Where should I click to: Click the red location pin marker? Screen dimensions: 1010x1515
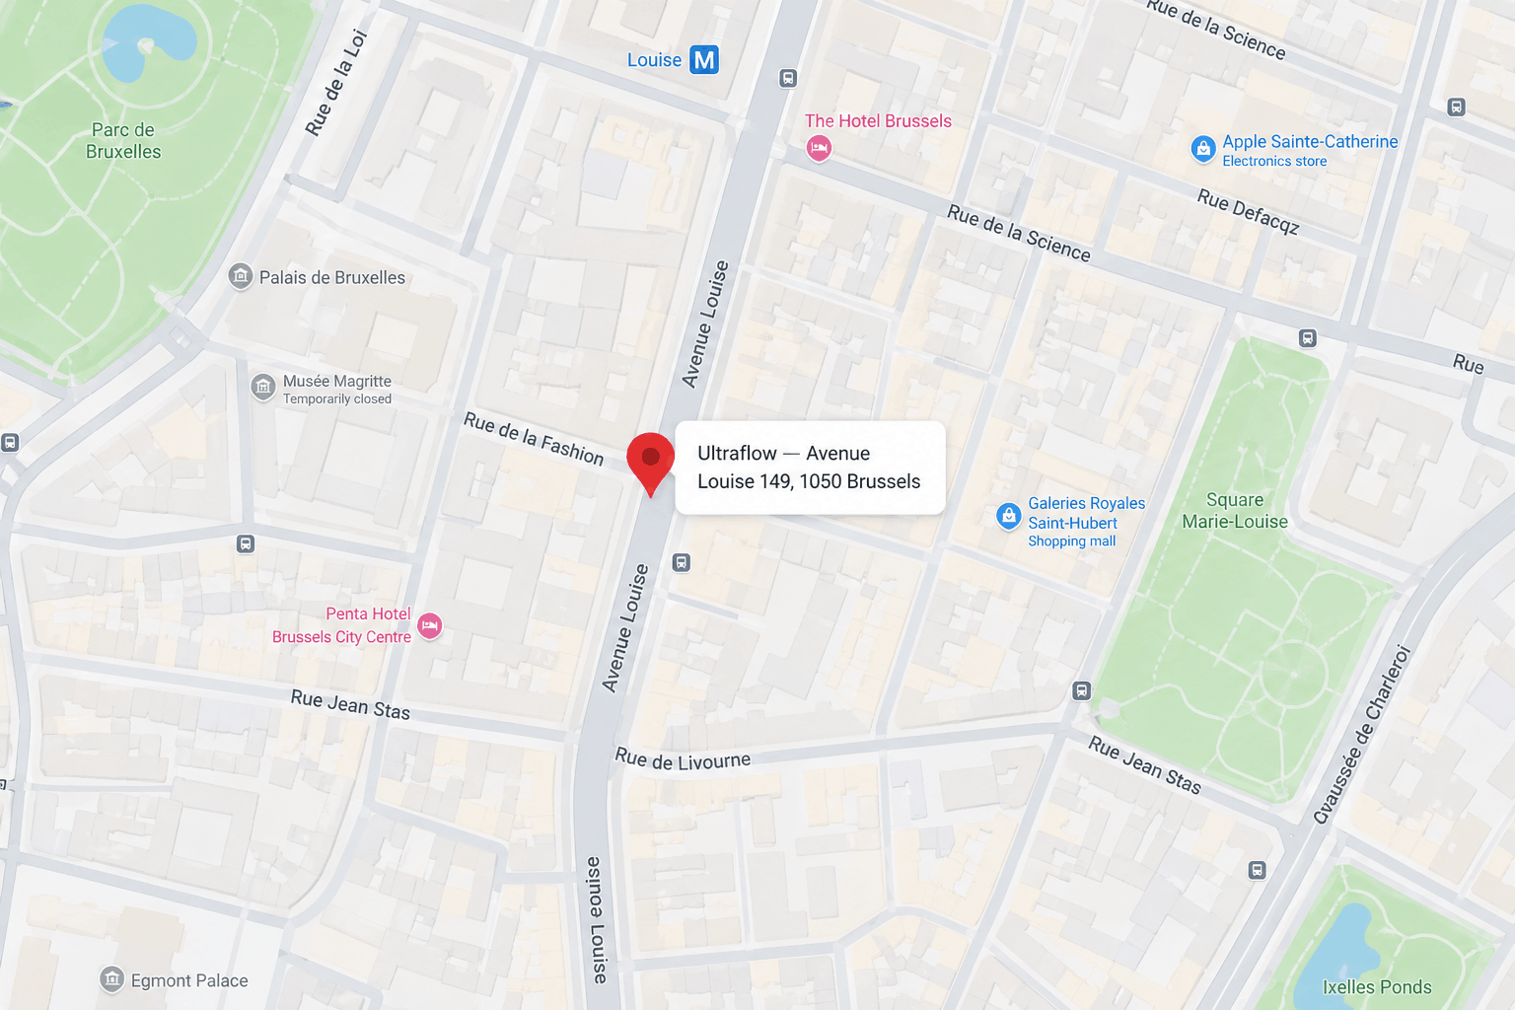tap(650, 460)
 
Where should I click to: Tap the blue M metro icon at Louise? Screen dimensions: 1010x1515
tap(703, 60)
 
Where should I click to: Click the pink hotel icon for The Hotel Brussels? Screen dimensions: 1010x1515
tap(818, 148)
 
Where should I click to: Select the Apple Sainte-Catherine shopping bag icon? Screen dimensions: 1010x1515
tap(1202, 149)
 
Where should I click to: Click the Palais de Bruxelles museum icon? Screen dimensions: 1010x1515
tap(241, 276)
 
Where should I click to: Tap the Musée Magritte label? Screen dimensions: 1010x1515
tap(336, 381)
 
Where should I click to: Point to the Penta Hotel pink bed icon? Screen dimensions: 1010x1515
tap(429, 625)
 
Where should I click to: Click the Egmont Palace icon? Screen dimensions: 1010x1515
tap(112, 979)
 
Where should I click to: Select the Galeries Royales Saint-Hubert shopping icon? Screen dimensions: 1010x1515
tap(1008, 516)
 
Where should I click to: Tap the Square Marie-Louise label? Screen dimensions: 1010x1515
tap(1235, 511)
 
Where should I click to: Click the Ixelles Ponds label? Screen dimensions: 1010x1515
tap(1376, 986)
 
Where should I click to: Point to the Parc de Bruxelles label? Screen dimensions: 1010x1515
tap(123, 141)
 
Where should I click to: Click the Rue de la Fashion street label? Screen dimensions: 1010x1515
tap(534, 438)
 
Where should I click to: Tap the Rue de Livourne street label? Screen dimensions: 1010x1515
tap(683, 759)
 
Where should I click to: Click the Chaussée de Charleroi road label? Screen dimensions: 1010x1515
tap(1362, 734)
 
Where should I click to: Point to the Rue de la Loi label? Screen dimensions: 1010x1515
tap(336, 83)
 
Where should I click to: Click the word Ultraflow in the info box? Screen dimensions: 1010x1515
tap(737, 453)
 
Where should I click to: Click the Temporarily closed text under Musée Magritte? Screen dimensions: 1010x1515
tap(337, 399)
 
